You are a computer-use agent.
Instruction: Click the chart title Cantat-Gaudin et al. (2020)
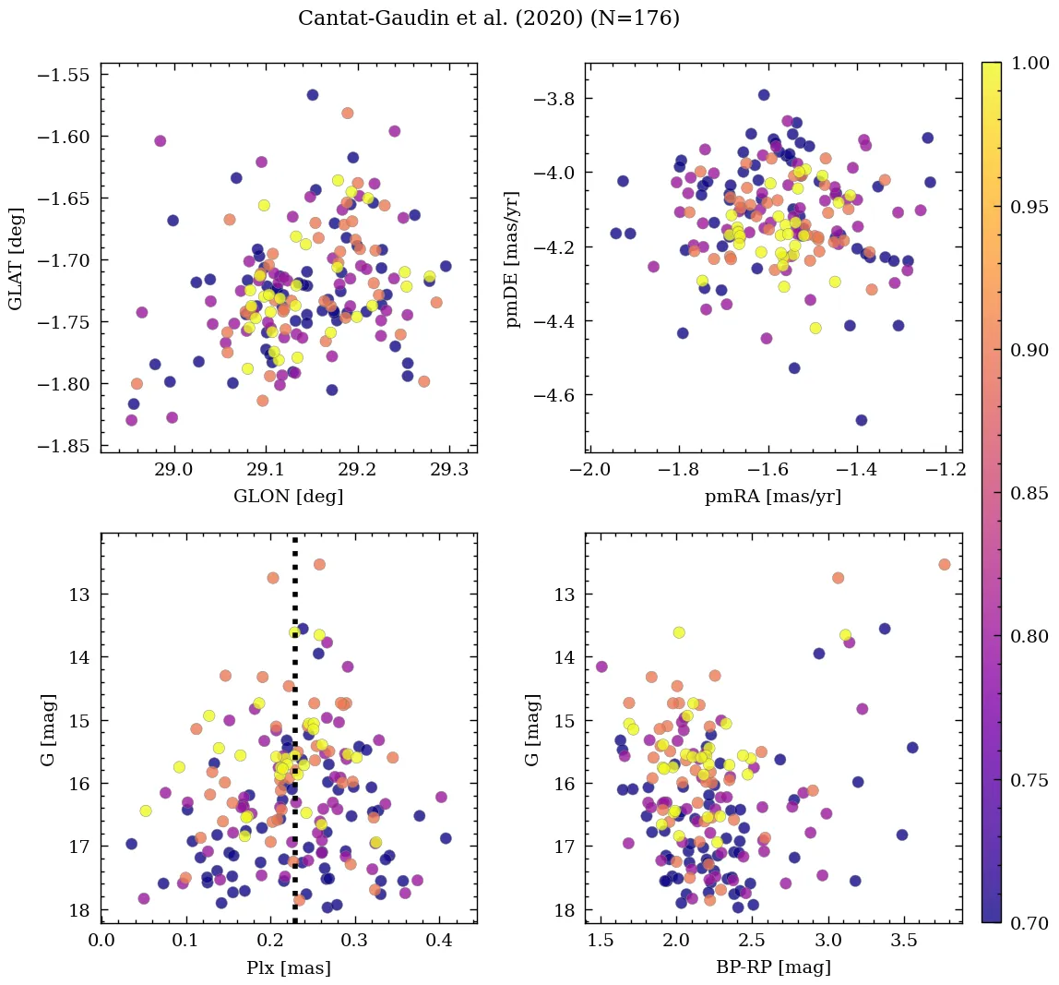tap(489, 18)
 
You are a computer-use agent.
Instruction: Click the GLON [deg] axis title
tap(289, 497)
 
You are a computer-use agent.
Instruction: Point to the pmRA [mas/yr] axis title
tap(773, 497)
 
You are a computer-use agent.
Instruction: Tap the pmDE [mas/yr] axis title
tap(513, 258)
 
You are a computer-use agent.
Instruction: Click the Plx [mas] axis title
tap(289, 967)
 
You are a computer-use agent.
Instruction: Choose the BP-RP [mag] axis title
tap(773, 967)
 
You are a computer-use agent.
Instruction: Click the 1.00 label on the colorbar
tap(1029, 63)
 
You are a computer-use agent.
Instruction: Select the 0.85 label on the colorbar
tap(1029, 493)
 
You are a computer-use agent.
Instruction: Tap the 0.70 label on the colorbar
tap(1029, 923)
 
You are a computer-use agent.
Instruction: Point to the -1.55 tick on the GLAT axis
tap(63, 75)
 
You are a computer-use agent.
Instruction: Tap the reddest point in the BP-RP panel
tap(944, 564)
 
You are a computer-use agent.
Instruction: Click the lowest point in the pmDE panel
tap(861, 420)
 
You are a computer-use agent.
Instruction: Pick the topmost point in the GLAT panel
tap(313, 95)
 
